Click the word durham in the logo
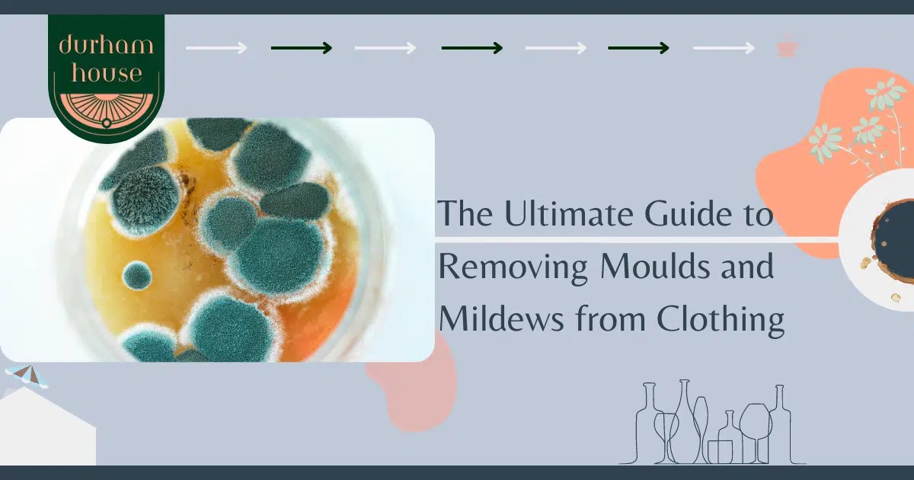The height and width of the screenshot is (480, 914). tap(106, 45)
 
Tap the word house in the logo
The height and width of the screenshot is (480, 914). tap(106, 73)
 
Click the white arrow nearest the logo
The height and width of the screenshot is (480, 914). tap(216, 48)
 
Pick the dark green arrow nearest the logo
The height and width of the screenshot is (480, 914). tap(302, 48)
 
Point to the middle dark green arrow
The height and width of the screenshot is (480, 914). tap(472, 48)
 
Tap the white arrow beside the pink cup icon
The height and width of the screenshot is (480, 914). tap(724, 48)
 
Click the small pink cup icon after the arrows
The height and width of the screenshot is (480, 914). tap(786, 48)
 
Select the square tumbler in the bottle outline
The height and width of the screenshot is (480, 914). tap(720, 450)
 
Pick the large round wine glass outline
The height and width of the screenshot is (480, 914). tap(754, 423)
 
